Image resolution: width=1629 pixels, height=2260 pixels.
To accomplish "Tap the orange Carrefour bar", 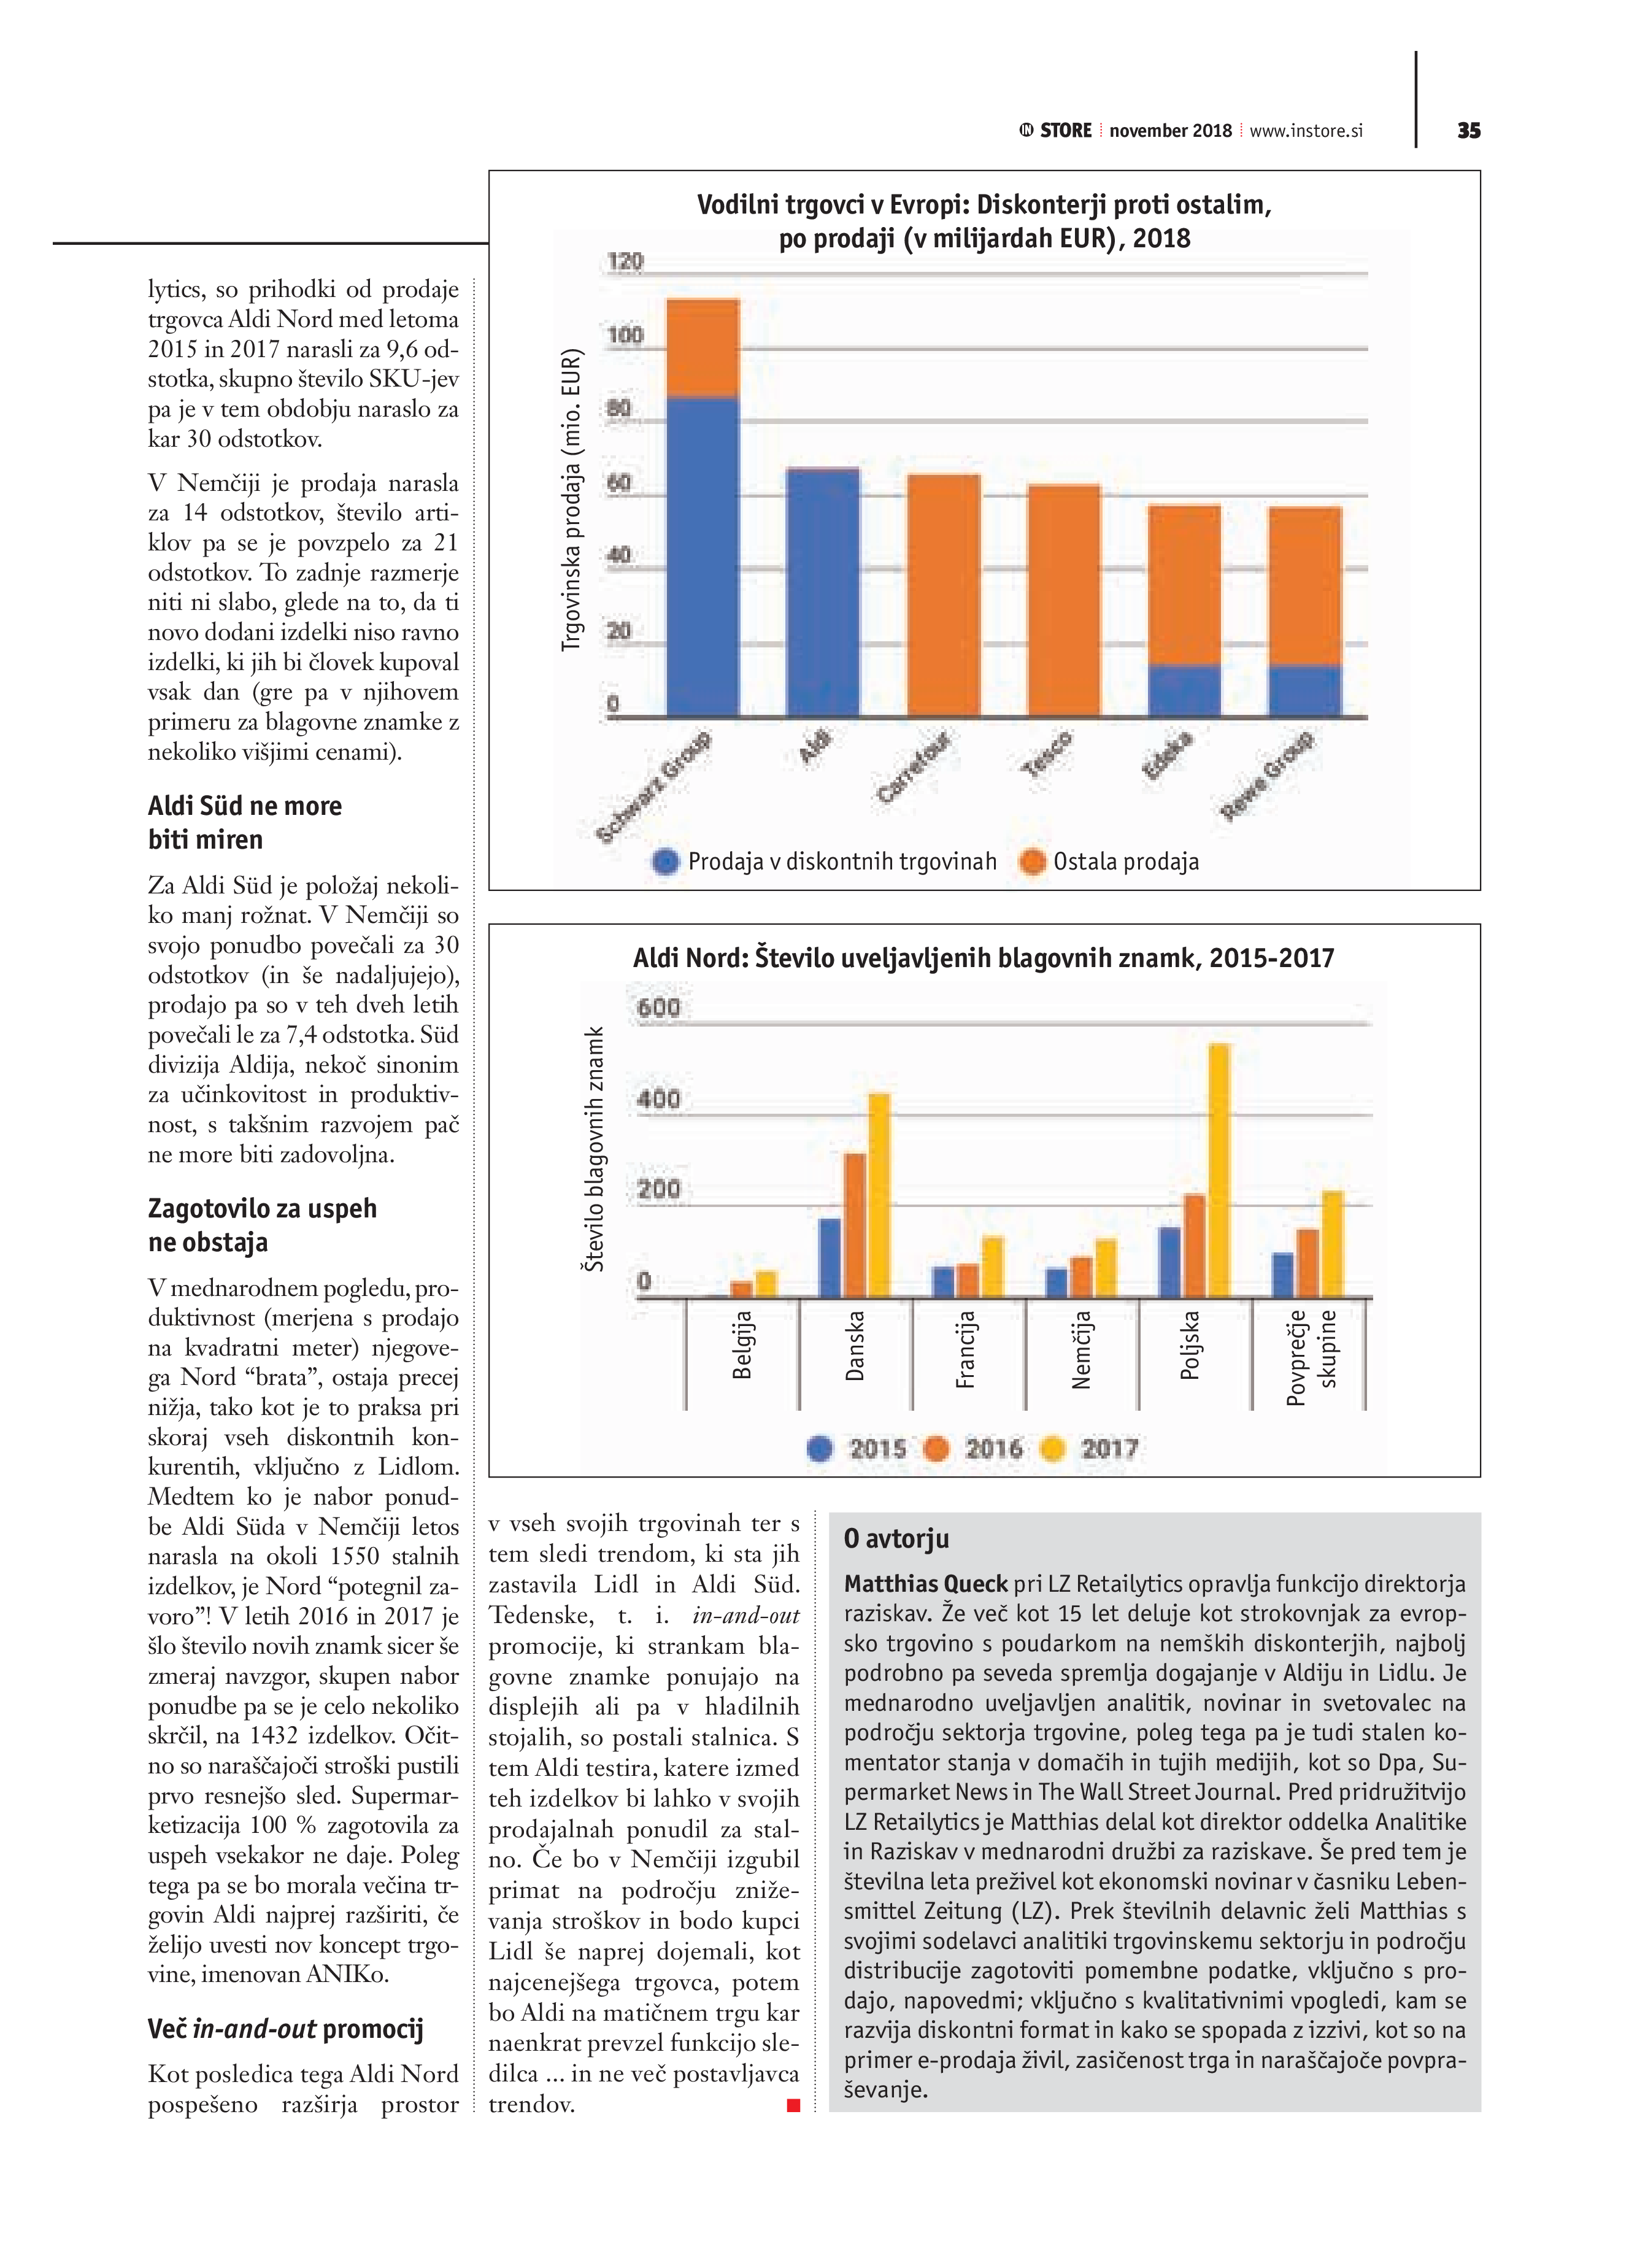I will [x=944, y=595].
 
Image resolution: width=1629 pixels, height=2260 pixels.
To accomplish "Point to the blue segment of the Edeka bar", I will [x=1185, y=690].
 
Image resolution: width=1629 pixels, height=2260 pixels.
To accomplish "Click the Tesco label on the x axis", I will [x=1048, y=754].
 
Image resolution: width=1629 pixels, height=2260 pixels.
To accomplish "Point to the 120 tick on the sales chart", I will [x=625, y=261].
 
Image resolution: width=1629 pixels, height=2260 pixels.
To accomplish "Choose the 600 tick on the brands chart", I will [x=658, y=1008].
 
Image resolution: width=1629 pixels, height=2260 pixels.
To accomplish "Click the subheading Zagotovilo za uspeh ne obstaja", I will [x=263, y=1225].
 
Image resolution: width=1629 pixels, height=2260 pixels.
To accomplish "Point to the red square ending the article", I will [x=793, y=2105].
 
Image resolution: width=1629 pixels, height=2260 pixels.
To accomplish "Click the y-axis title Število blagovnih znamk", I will [x=594, y=1149].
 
